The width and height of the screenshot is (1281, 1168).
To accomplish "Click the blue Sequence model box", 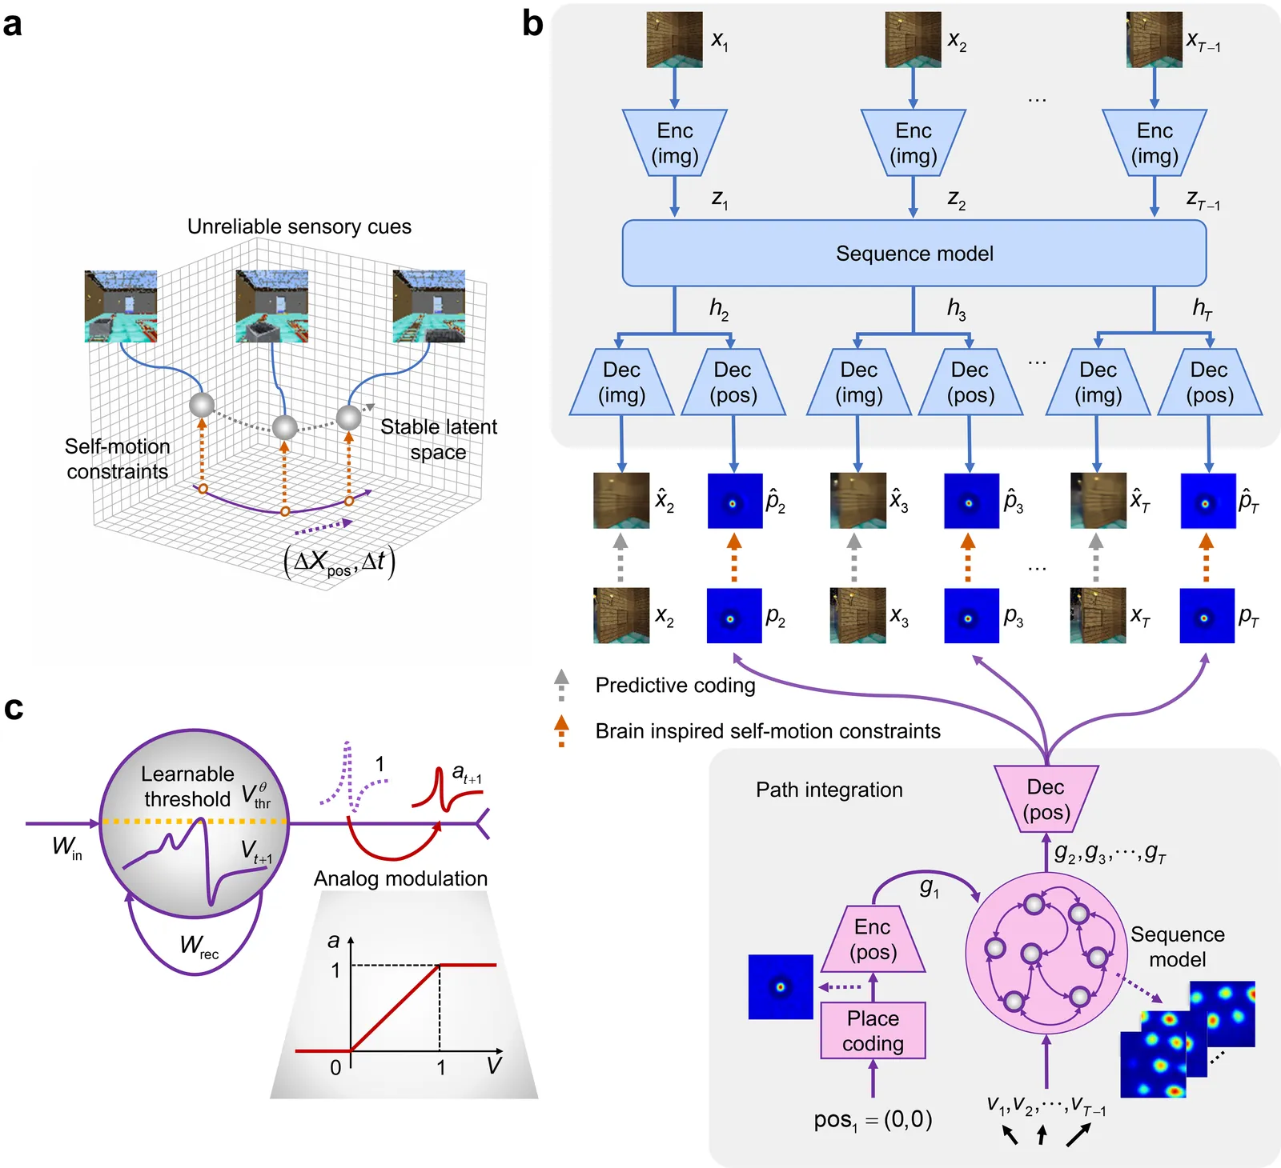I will click(914, 254).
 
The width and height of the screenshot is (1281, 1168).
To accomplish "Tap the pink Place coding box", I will click(873, 1030).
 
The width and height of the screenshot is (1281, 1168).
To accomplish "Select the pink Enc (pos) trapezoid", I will click(873, 939).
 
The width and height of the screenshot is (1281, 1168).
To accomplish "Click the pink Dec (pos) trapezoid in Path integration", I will click(1046, 799).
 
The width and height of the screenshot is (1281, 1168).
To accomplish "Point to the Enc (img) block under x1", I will click(675, 143).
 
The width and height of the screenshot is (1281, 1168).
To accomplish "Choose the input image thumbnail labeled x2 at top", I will click(913, 39).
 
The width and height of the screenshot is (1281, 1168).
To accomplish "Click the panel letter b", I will click(532, 24).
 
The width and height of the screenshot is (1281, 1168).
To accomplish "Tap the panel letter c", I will click(14, 708).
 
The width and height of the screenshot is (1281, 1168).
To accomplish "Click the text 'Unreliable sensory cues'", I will click(299, 227).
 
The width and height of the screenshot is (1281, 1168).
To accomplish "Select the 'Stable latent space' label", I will click(438, 439).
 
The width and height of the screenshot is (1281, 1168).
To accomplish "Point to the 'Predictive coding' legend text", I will click(675, 686).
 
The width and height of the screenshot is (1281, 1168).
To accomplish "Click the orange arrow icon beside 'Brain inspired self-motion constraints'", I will click(562, 730).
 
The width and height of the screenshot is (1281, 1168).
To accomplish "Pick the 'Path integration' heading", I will click(829, 790).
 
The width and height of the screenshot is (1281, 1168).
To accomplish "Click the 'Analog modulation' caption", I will click(400, 878).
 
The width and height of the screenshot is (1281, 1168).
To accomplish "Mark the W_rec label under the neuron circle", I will click(199, 946).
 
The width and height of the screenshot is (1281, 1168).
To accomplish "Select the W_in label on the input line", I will click(66, 846).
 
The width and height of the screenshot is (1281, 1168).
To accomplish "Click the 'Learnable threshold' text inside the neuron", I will click(187, 786).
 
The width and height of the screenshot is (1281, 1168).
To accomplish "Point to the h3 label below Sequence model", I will click(956, 309).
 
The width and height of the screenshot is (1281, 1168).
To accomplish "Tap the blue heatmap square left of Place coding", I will click(781, 986).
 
